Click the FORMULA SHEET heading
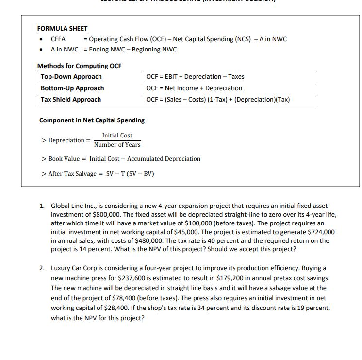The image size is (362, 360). [63, 29]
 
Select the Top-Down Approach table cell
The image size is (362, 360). [71, 77]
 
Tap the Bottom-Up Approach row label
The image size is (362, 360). [72, 88]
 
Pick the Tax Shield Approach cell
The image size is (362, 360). [71, 100]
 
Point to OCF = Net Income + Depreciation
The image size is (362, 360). [194, 88]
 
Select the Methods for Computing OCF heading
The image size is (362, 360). [80, 66]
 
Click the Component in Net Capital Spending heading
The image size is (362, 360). [92, 120]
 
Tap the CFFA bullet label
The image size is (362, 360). [58, 39]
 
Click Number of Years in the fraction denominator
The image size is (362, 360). [117, 145]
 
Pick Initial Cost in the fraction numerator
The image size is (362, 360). [117, 136]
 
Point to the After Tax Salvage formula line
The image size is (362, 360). [99, 174]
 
